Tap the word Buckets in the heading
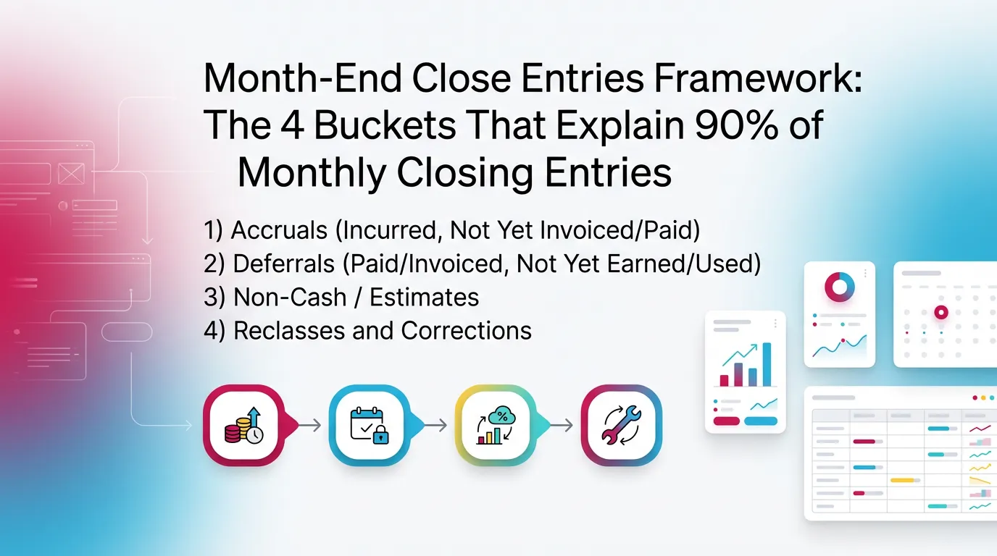pos(385,125)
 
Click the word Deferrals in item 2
pos(285,264)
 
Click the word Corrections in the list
pos(466,330)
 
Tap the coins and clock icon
pos(243,424)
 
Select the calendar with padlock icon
pos(370,424)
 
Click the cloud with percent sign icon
pos(495,424)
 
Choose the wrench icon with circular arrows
pos(621,424)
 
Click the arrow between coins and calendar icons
pos(309,425)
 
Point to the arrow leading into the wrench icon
pos(561,425)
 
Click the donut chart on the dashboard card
pos(840,287)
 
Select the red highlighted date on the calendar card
pos(941,312)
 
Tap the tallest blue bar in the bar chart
pos(767,365)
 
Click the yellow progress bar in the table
pos(903,480)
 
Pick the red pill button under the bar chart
pos(726,421)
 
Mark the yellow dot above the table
pos(983,397)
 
